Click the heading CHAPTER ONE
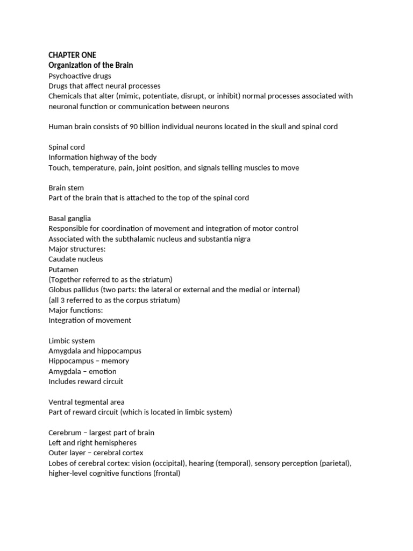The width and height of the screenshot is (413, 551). (x=73, y=55)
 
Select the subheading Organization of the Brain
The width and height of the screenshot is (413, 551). (x=90, y=65)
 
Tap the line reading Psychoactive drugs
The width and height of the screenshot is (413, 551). (x=80, y=76)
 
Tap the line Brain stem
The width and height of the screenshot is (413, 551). (x=66, y=188)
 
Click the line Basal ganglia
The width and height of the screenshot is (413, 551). (x=70, y=218)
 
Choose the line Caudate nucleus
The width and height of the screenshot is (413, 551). (x=76, y=259)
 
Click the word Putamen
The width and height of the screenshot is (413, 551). (x=63, y=270)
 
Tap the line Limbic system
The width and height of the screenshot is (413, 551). (x=72, y=341)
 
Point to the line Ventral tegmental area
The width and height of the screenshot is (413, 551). (x=87, y=402)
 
